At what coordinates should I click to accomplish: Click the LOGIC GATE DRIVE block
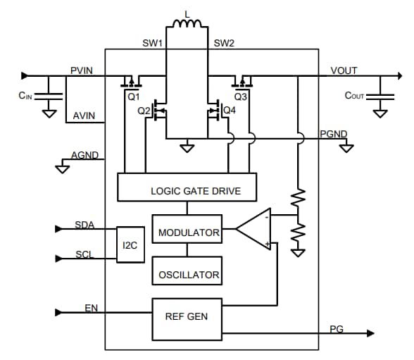(187, 190)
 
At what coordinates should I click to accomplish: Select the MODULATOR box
(187, 232)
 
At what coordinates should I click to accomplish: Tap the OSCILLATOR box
(187, 274)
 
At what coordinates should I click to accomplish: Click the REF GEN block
(187, 316)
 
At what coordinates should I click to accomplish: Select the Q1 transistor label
(134, 96)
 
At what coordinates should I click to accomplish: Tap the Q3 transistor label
(241, 96)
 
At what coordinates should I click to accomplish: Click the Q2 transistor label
(144, 111)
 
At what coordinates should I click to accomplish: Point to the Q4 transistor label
(229, 111)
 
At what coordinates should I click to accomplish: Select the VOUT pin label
(344, 70)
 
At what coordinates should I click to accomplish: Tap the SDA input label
(84, 225)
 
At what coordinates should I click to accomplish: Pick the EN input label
(91, 307)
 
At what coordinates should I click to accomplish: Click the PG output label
(337, 329)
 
